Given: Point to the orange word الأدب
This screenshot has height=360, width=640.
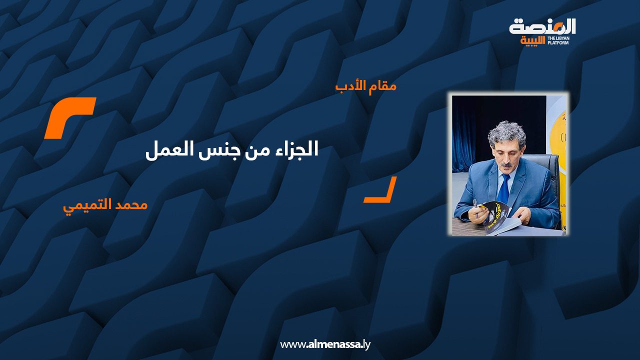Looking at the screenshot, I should click(348, 85).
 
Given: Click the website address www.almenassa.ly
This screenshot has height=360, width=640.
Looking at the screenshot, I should click(325, 344).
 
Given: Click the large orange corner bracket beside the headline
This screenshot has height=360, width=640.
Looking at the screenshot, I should click(69, 117).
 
